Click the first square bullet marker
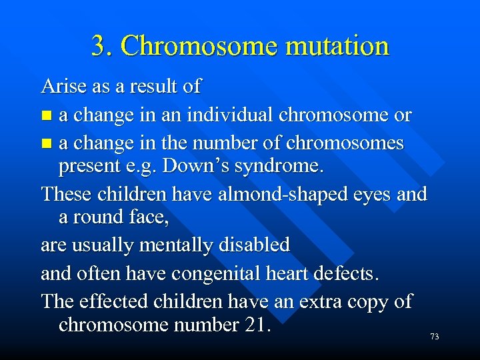(45, 116)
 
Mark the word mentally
(174, 246)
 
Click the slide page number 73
(434, 337)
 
